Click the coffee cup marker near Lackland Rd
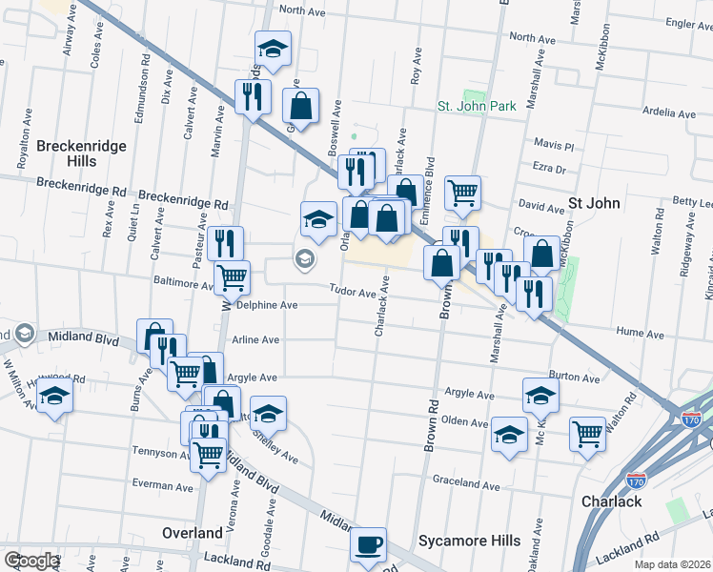pos(368,545)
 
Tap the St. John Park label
pos(477,106)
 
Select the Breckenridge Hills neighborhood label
pos(67,153)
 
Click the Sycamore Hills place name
pos(470,541)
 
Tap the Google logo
pos(31,561)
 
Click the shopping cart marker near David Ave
pos(462,194)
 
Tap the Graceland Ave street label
pos(466,485)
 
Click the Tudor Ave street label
pos(354,291)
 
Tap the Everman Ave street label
pos(162,486)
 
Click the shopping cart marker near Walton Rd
pos(588,434)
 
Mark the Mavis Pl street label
pos(554,146)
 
